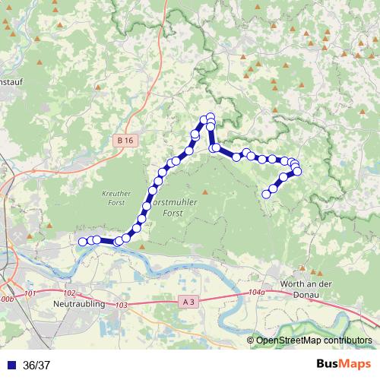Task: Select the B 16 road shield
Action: pyautogui.click(x=125, y=141)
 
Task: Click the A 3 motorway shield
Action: pyautogui.click(x=189, y=302)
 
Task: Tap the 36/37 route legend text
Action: pyautogui.click(x=36, y=365)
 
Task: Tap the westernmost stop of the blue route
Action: pyautogui.click(x=82, y=242)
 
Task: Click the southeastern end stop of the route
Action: pyautogui.click(x=266, y=194)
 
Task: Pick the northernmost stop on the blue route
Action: pyautogui.click(x=211, y=116)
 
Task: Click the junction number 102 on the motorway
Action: pyautogui.click(x=69, y=293)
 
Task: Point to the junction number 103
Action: pyautogui.click(x=122, y=305)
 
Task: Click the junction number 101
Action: pyautogui.click(x=30, y=293)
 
